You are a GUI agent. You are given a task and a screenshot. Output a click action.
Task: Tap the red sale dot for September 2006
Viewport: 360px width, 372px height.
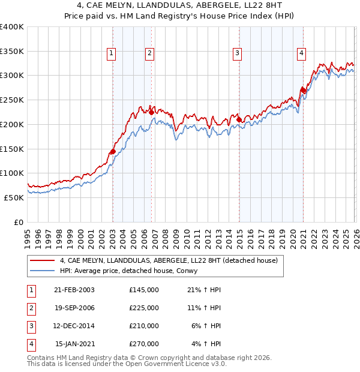[x=151, y=112]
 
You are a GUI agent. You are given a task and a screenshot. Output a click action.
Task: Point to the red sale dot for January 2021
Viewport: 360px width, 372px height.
[x=304, y=91]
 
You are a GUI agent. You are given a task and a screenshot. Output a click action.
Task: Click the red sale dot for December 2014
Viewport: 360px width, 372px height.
[x=239, y=119]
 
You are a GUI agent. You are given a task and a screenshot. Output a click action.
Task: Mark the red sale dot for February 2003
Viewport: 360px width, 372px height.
[x=113, y=151]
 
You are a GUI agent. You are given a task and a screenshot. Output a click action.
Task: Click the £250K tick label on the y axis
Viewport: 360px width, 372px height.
[x=12, y=100]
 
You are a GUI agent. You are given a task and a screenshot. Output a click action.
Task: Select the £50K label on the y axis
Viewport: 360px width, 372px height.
[x=14, y=197]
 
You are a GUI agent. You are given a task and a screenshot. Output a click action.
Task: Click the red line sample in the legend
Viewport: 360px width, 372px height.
[x=43, y=261]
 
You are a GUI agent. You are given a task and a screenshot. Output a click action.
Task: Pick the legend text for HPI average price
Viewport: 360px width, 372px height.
[x=128, y=271]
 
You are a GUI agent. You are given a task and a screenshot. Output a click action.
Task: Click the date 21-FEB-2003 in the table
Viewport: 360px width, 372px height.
[x=74, y=290]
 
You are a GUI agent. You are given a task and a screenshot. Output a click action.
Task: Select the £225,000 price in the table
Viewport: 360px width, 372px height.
[x=144, y=308]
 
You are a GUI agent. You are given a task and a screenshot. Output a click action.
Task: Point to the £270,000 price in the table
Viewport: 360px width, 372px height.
[x=144, y=344]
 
